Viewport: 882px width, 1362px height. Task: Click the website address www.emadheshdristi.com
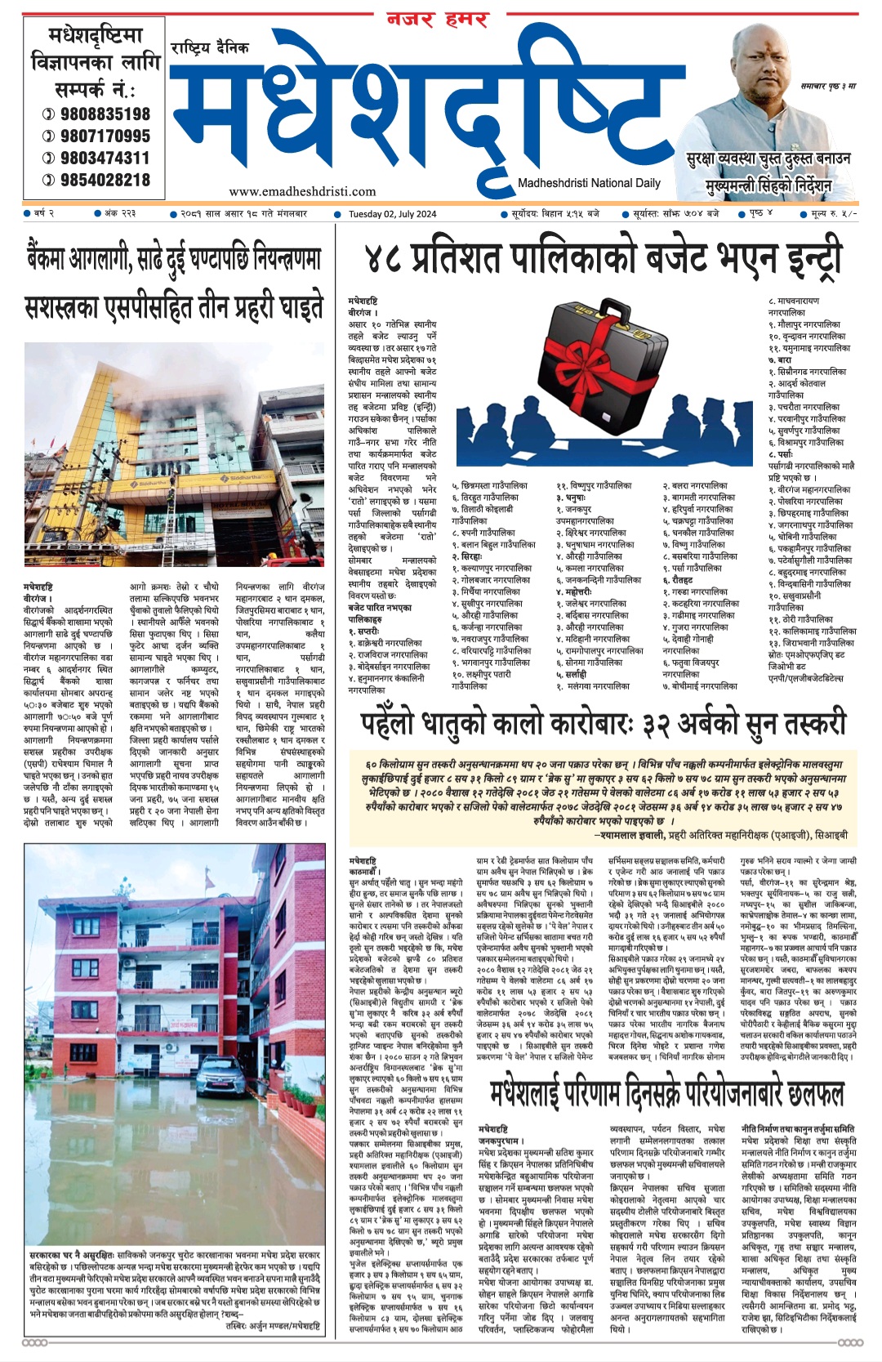302,192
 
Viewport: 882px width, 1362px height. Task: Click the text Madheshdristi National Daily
589,183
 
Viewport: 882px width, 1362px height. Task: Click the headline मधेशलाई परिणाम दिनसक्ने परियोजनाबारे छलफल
666,1093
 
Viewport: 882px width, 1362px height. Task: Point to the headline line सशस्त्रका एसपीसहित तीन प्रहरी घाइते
174,308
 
